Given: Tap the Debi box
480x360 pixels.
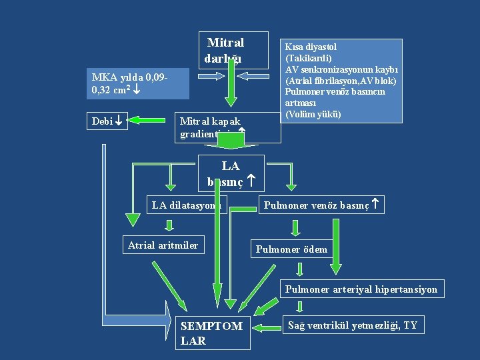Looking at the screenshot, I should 106,121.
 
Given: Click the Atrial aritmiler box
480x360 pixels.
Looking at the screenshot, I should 163,245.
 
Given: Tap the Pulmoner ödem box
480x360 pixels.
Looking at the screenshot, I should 292,249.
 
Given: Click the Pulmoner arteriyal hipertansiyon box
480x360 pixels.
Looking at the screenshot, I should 361,289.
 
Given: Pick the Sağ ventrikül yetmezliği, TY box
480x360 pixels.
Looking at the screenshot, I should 353,325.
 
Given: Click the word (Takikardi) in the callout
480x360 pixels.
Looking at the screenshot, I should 308,58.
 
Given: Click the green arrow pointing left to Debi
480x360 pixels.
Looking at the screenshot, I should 147,121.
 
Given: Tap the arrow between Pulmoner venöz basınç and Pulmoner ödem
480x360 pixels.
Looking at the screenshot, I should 294,227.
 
